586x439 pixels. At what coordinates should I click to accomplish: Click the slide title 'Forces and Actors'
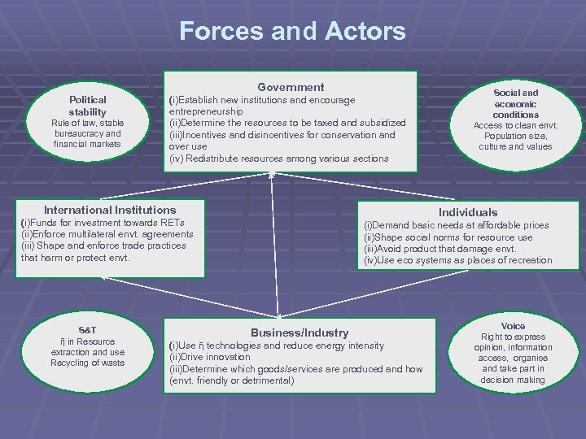pos(292,31)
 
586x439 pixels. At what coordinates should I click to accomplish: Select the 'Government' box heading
pos(291,87)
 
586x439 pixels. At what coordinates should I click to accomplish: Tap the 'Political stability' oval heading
pos(87,106)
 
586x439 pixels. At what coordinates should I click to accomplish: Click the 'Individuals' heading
pos(468,212)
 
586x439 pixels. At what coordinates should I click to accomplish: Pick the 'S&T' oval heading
pos(87,330)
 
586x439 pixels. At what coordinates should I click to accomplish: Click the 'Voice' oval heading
pos(513,325)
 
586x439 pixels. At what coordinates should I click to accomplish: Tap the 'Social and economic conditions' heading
pos(515,104)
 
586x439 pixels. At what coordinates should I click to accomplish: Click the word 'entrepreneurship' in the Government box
pos(206,111)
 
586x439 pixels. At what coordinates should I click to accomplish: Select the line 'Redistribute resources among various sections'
pos(286,158)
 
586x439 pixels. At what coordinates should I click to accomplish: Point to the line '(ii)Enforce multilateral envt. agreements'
pos(107,234)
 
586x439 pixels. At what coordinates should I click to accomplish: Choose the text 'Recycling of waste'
pos(87,363)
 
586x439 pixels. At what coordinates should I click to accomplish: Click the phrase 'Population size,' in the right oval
pos(515,136)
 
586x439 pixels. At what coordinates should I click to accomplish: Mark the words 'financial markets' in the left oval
pos(87,144)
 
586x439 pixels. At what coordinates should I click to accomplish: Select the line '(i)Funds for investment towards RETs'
pos(103,223)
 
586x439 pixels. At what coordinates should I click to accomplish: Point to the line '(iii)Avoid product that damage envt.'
pos(439,249)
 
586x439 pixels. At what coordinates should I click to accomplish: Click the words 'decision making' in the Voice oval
pos(513,380)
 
